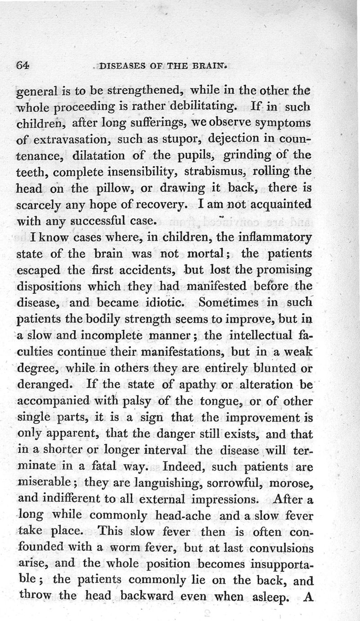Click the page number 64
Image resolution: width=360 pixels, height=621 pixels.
point(22,64)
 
